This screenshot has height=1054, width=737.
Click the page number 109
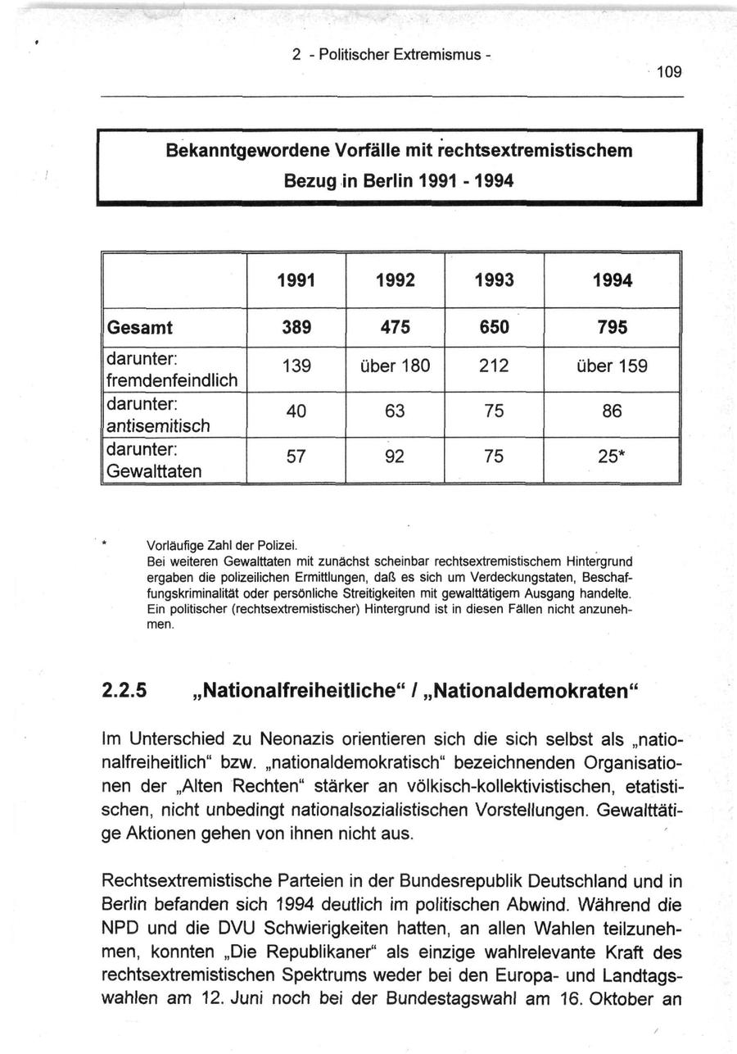[668, 71]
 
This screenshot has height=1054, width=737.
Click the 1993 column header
[494, 280]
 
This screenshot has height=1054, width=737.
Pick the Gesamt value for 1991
[296, 328]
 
